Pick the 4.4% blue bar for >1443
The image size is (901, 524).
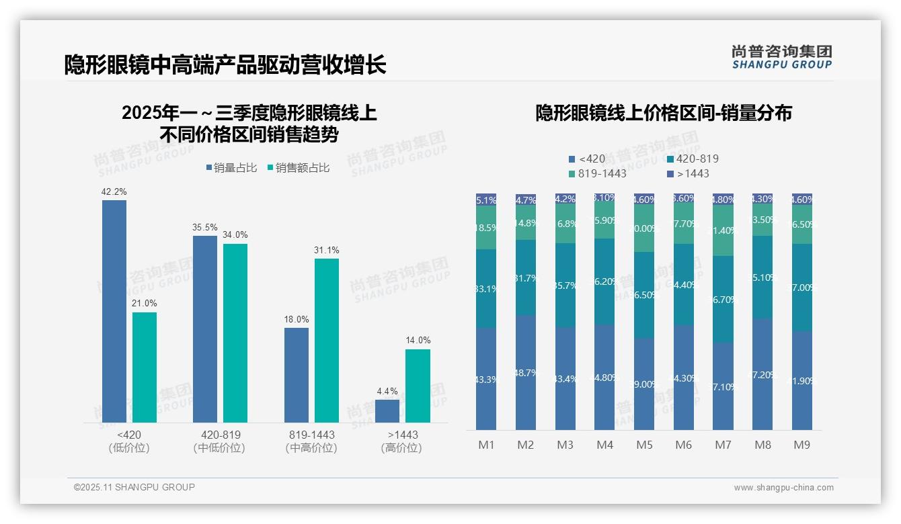tap(387, 410)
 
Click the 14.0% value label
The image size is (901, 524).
tap(418, 341)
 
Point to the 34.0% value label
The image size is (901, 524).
tap(235, 235)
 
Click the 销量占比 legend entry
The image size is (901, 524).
tap(231, 168)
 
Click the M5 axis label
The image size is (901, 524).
tap(644, 445)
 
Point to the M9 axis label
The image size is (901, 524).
tap(801, 445)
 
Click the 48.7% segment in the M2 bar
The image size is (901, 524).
tap(526, 372)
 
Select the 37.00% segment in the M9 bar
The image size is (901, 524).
tap(801, 288)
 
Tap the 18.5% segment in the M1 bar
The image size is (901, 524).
tap(486, 228)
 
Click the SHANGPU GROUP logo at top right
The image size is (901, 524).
tap(781, 57)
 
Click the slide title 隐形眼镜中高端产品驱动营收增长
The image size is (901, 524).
tap(225, 65)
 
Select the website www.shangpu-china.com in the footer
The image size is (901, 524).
tap(783, 488)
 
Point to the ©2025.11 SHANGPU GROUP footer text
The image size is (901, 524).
tap(134, 487)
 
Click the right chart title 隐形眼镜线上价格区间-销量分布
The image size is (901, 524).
tap(663, 114)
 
